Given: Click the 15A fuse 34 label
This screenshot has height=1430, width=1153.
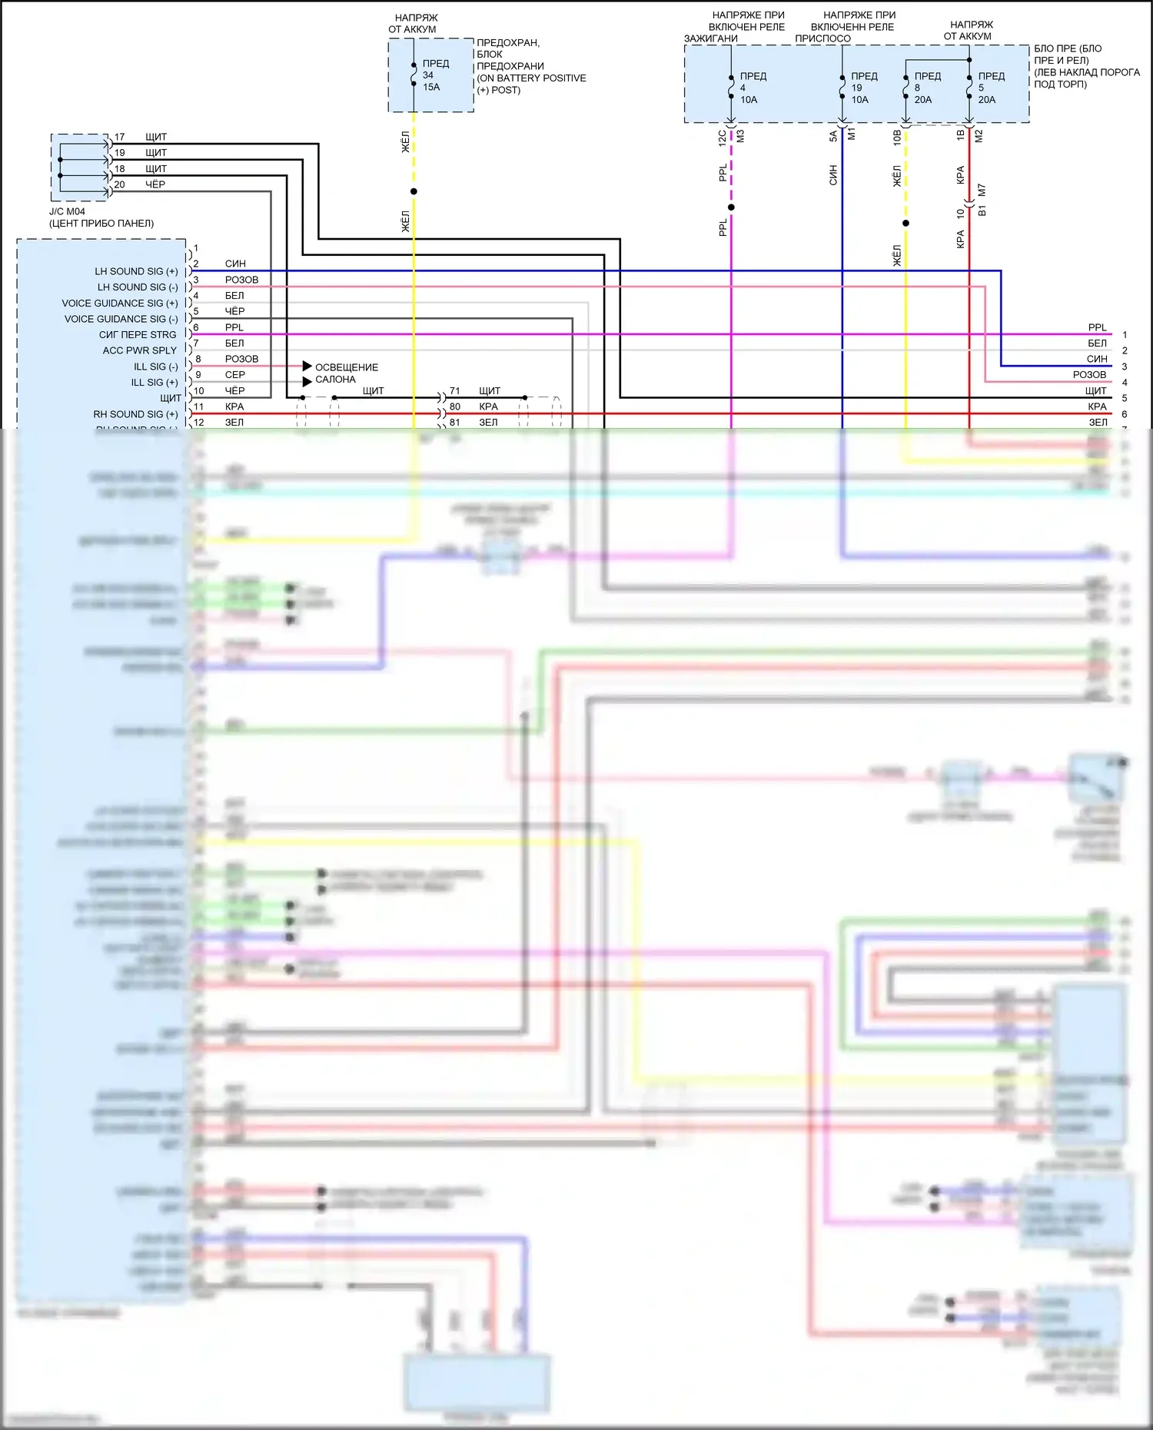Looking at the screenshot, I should point(434,75).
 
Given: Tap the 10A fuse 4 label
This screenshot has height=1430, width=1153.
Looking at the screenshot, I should point(753,88).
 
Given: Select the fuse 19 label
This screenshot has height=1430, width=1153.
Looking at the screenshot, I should point(863,88).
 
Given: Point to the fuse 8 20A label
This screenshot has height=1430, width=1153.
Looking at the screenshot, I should point(926,88).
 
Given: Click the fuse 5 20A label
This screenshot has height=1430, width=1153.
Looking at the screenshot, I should point(991,88).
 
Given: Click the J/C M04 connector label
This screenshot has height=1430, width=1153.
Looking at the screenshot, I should point(101,217).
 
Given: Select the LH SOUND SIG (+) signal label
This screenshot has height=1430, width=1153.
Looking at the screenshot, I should point(136,271).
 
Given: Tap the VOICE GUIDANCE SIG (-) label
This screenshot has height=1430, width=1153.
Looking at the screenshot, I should point(121,319).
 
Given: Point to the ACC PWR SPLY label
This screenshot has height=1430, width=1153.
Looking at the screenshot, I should point(139,350).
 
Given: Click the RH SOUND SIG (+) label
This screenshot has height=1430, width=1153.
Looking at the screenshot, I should point(135,414).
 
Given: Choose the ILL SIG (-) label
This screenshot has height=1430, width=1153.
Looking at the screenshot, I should point(155,367).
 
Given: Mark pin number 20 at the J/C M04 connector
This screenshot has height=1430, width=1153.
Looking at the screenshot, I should point(119,184).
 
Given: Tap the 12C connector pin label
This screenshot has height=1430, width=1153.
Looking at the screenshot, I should point(722,138).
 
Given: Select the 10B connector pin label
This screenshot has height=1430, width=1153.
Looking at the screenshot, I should point(897,138).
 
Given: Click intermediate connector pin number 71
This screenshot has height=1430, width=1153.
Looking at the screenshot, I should point(455,391).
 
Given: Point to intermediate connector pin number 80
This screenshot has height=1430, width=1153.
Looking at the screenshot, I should point(455,406).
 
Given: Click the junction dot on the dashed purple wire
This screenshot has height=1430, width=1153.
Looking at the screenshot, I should point(731,207).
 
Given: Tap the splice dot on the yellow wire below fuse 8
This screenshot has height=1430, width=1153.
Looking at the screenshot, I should point(905,224).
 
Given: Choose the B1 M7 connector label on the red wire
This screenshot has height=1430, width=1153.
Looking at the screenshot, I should point(982,200).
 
